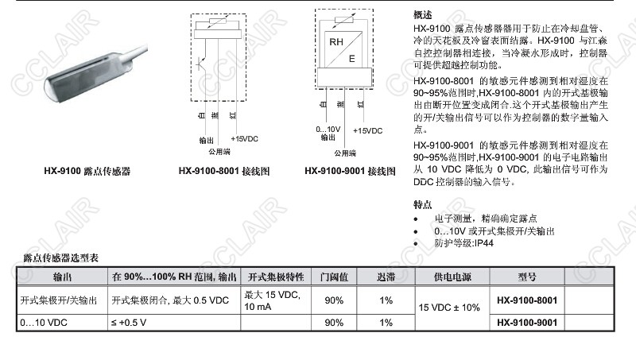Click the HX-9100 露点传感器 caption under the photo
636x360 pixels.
click(87, 171)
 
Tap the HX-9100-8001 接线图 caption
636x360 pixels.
click(224, 171)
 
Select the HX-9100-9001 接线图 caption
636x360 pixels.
click(350, 171)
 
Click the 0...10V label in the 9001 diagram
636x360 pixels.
click(328, 129)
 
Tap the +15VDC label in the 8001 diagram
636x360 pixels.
click(243, 138)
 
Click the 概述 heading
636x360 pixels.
click(424, 15)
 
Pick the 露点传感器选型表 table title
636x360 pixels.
click(60, 258)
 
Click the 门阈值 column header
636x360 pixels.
click(334, 277)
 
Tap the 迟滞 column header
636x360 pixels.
click(386, 277)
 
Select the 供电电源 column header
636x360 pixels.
click(450, 277)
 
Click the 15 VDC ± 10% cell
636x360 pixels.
click(450, 307)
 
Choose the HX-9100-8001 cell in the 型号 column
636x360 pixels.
click(526, 300)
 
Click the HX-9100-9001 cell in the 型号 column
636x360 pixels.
click(526, 322)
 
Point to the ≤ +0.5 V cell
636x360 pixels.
click(128, 322)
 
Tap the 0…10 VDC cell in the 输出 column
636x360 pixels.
click(44, 322)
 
